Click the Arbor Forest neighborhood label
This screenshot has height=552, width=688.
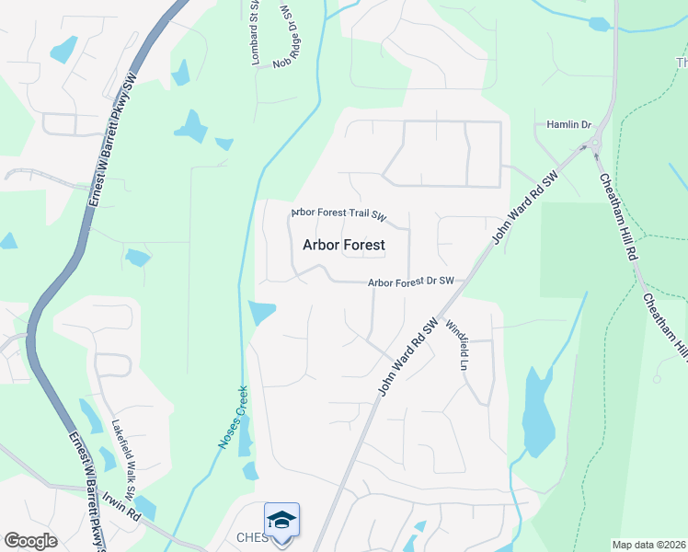pyautogui.click(x=343, y=245)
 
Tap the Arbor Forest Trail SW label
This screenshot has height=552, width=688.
pyautogui.click(x=338, y=215)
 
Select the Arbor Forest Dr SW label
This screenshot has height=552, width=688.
pyautogui.click(x=411, y=282)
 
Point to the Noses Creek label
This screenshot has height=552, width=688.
pyautogui.click(x=233, y=417)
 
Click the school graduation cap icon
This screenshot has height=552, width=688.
pyautogui.click(x=282, y=518)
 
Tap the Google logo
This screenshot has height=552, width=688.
pyautogui.click(x=30, y=541)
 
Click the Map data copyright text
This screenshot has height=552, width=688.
pyautogui.click(x=648, y=545)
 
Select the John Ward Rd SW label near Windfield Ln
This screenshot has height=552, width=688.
pyautogui.click(x=407, y=357)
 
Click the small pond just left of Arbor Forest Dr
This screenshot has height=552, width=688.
pyautogui.click(x=261, y=313)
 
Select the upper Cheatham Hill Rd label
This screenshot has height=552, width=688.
pyautogui.click(x=617, y=219)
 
